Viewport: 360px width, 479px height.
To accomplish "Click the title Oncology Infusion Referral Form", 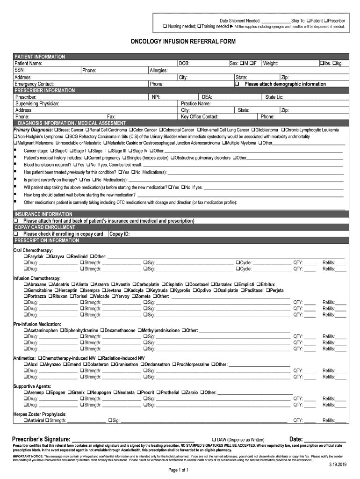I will point(183,42).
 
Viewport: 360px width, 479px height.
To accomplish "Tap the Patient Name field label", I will point(29,63).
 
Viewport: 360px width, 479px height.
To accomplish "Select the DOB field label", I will point(184,63).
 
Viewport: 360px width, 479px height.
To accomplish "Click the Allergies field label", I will point(159,70).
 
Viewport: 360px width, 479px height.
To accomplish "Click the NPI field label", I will point(156,97).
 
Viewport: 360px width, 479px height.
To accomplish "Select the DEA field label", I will point(207,97).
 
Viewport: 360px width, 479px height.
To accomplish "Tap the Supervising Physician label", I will point(37,103).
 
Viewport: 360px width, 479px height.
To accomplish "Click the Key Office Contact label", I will point(200,116).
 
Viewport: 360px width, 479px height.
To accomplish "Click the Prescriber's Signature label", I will point(42,439).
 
